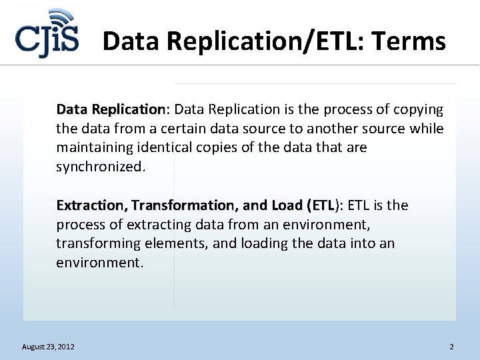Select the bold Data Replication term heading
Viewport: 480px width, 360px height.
point(110,109)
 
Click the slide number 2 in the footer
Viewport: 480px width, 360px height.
point(451,347)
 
